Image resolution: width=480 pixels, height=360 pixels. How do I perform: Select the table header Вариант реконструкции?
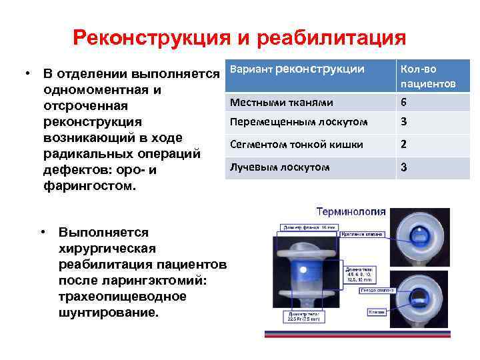pyautogui.click(x=297, y=69)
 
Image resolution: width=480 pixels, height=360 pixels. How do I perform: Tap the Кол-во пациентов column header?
pyautogui.click(x=428, y=76)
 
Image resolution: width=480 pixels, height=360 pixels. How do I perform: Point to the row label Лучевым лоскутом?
pyautogui.click(x=279, y=167)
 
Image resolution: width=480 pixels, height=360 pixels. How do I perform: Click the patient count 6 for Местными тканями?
pyautogui.click(x=403, y=103)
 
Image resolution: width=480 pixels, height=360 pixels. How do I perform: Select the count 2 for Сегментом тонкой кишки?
pyautogui.click(x=403, y=144)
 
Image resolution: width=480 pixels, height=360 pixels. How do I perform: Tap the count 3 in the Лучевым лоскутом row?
pyautogui.click(x=403, y=167)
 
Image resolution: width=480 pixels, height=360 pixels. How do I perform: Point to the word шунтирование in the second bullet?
pyautogui.click(x=109, y=311)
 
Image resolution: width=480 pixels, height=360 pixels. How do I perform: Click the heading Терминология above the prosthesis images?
pyautogui.click(x=350, y=212)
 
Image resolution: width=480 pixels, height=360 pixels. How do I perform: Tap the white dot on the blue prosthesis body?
pyautogui.click(x=303, y=270)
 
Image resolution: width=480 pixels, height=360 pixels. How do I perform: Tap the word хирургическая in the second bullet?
pyautogui.click(x=107, y=248)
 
